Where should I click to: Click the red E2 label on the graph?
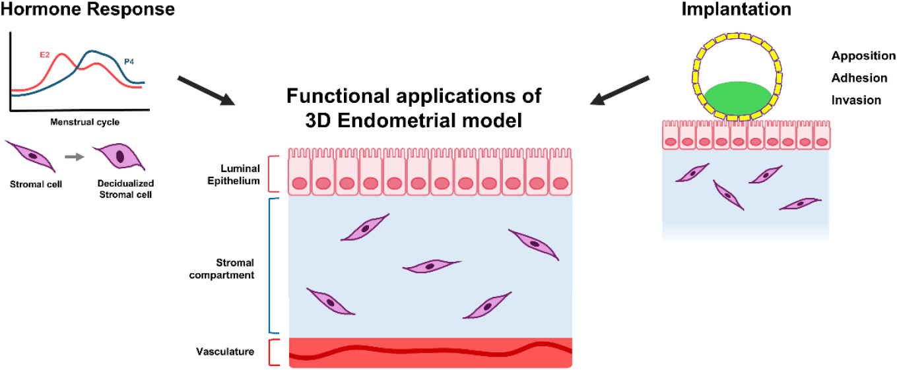coord(44,55)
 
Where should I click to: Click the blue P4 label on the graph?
coord(129,61)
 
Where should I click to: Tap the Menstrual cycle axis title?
coord(85,122)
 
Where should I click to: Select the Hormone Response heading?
coord(88,9)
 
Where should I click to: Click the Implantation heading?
coord(737,9)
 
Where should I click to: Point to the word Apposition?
coord(863,55)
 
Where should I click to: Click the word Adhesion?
coord(859,78)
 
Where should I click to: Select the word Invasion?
coord(856,100)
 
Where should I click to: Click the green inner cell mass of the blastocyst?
coord(738,98)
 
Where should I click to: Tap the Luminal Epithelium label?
coord(234,174)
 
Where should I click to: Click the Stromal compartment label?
coord(222,269)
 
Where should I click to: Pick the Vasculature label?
coord(225,352)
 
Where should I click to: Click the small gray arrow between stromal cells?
coord(75,157)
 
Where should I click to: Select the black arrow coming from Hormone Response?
coord(206,91)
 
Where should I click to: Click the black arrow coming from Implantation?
coord(620,91)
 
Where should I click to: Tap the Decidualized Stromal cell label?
coord(126,189)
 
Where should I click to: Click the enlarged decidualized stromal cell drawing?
coord(119,156)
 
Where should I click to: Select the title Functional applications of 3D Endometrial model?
coord(414,108)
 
